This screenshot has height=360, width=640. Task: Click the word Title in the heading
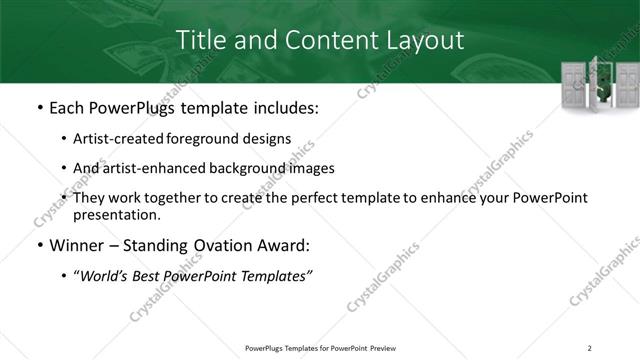tap(200, 41)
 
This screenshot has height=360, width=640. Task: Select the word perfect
tap(334, 198)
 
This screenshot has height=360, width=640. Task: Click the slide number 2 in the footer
tap(590, 348)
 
